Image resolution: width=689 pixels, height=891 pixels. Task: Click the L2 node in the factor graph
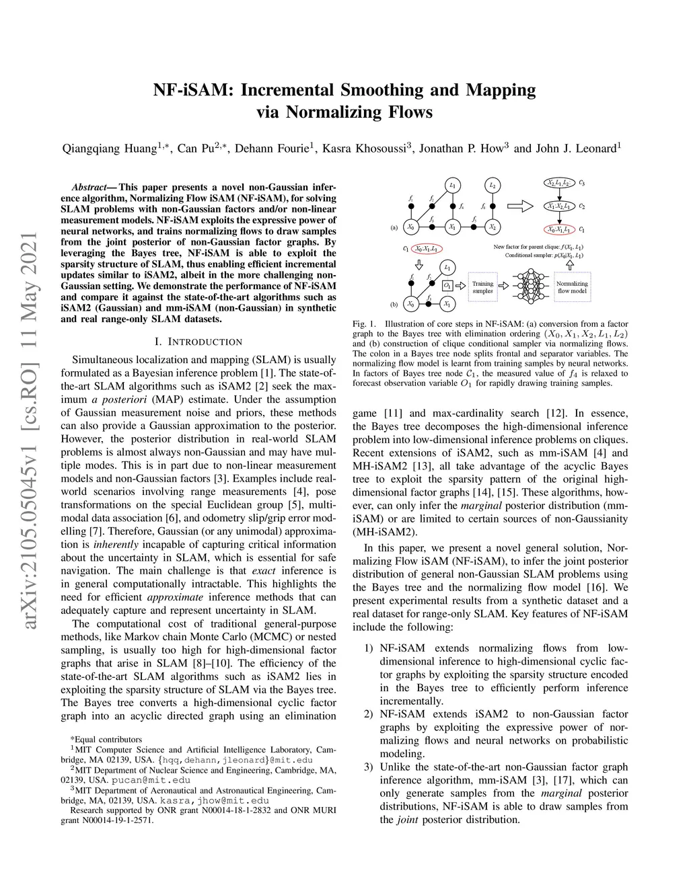(x=493, y=185)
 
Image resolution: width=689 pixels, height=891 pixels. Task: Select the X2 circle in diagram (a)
(x=493, y=227)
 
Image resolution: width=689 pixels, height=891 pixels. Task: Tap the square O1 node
(x=447, y=286)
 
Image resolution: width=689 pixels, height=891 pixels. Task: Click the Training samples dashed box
(x=482, y=287)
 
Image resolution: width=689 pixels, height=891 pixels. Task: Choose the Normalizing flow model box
(x=572, y=287)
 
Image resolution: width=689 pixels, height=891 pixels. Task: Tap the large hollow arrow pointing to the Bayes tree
(x=519, y=205)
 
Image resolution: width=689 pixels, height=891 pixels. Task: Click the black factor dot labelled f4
(x=452, y=206)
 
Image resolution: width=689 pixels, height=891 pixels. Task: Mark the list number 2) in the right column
(x=368, y=714)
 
